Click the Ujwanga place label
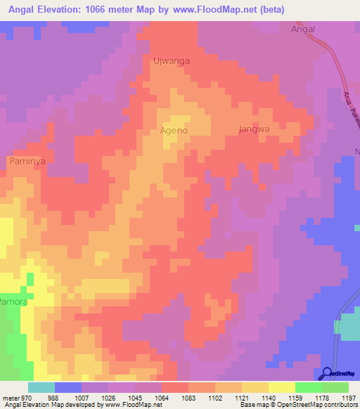[x=171, y=61]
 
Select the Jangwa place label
[x=255, y=130]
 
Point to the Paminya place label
[x=27, y=162]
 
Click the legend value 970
[x=26, y=398]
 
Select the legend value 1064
[x=160, y=398]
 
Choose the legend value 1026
[x=107, y=398]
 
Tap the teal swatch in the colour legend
[x=41, y=387]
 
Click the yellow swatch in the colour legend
[x=281, y=387]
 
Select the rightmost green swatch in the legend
[x=335, y=387]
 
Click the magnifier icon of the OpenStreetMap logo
[x=327, y=373]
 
